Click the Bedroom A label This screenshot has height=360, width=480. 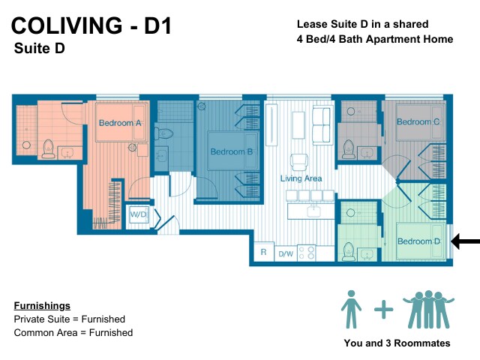(120, 123)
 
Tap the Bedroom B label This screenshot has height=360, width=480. (232, 151)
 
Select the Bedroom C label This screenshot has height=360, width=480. (418, 121)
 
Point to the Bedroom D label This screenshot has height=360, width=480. (418, 241)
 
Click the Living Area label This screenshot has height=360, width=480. (301, 178)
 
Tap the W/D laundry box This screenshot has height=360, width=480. (138, 214)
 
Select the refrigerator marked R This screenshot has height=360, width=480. (263, 252)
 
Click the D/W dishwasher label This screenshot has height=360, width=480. (286, 253)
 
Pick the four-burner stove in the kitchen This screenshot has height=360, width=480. (307, 253)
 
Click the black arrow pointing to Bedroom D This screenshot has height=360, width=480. (466, 241)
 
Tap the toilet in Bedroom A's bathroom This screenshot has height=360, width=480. (48, 149)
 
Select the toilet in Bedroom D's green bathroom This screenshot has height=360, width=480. (348, 251)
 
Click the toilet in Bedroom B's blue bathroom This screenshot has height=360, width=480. (163, 133)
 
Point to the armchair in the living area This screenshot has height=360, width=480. (299, 162)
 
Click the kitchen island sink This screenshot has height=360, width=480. (313, 211)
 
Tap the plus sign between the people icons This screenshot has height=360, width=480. (383, 310)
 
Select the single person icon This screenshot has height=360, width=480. (352, 310)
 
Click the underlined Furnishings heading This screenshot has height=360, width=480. (42, 306)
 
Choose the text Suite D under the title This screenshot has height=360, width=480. (40, 48)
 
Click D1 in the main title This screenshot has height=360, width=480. (157, 25)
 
